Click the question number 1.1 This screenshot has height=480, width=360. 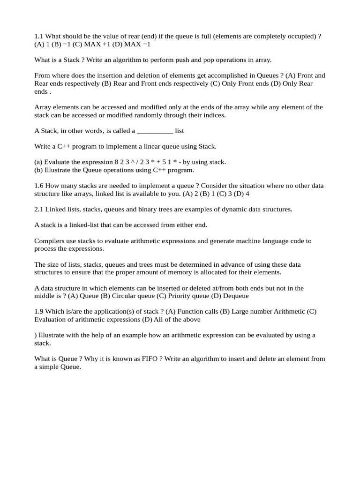tap(39, 36)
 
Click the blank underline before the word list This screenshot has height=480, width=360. tap(155, 131)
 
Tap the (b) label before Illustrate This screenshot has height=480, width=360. tap(39, 170)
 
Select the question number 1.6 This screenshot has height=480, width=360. tap(39, 186)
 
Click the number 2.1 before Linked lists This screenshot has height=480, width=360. tap(39, 209)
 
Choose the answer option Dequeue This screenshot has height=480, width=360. tap(236, 296)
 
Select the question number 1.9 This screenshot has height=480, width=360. tap(39, 312)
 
